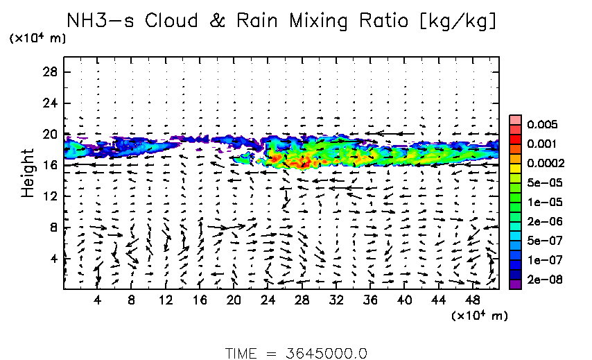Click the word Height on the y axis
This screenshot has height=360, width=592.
(28, 172)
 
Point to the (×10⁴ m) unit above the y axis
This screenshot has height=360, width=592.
(37, 39)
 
